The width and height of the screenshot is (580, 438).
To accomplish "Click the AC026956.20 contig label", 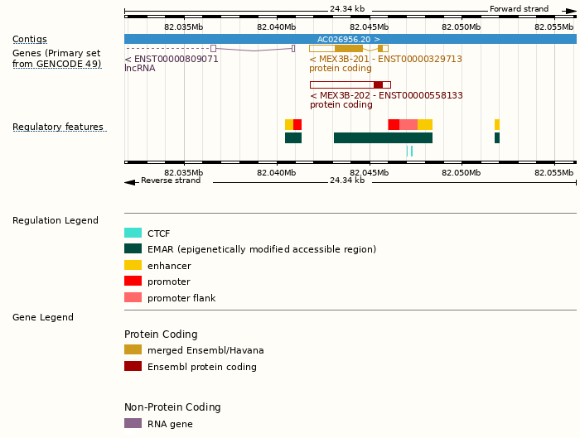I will [x=348, y=39].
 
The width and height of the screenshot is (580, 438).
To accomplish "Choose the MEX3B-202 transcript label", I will [x=386, y=95].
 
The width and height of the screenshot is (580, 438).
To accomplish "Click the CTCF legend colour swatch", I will [x=133, y=233].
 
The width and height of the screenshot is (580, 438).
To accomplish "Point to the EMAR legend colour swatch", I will [x=133, y=248].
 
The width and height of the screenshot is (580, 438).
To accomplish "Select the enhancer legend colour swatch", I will [x=133, y=265].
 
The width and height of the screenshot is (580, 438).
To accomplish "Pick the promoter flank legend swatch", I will [x=133, y=297].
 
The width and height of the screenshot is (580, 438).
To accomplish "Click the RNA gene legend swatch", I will [x=133, y=423].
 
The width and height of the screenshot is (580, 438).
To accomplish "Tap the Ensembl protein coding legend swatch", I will [x=133, y=366].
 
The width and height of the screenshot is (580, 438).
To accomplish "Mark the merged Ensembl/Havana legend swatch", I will [x=133, y=349].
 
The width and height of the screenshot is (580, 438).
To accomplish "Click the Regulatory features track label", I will [x=58, y=127].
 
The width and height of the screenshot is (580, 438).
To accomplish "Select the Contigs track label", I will [x=30, y=39].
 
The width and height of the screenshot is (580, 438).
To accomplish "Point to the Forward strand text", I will [x=519, y=9].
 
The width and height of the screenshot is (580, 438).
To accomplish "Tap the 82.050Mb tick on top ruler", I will [x=461, y=26].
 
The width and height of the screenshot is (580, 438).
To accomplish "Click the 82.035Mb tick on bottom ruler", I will [x=184, y=172].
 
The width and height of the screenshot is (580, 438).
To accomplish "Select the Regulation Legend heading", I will [x=56, y=220].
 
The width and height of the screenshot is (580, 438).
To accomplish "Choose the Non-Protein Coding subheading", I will [x=172, y=407].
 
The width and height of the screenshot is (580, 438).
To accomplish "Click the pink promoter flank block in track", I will [x=408, y=124].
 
